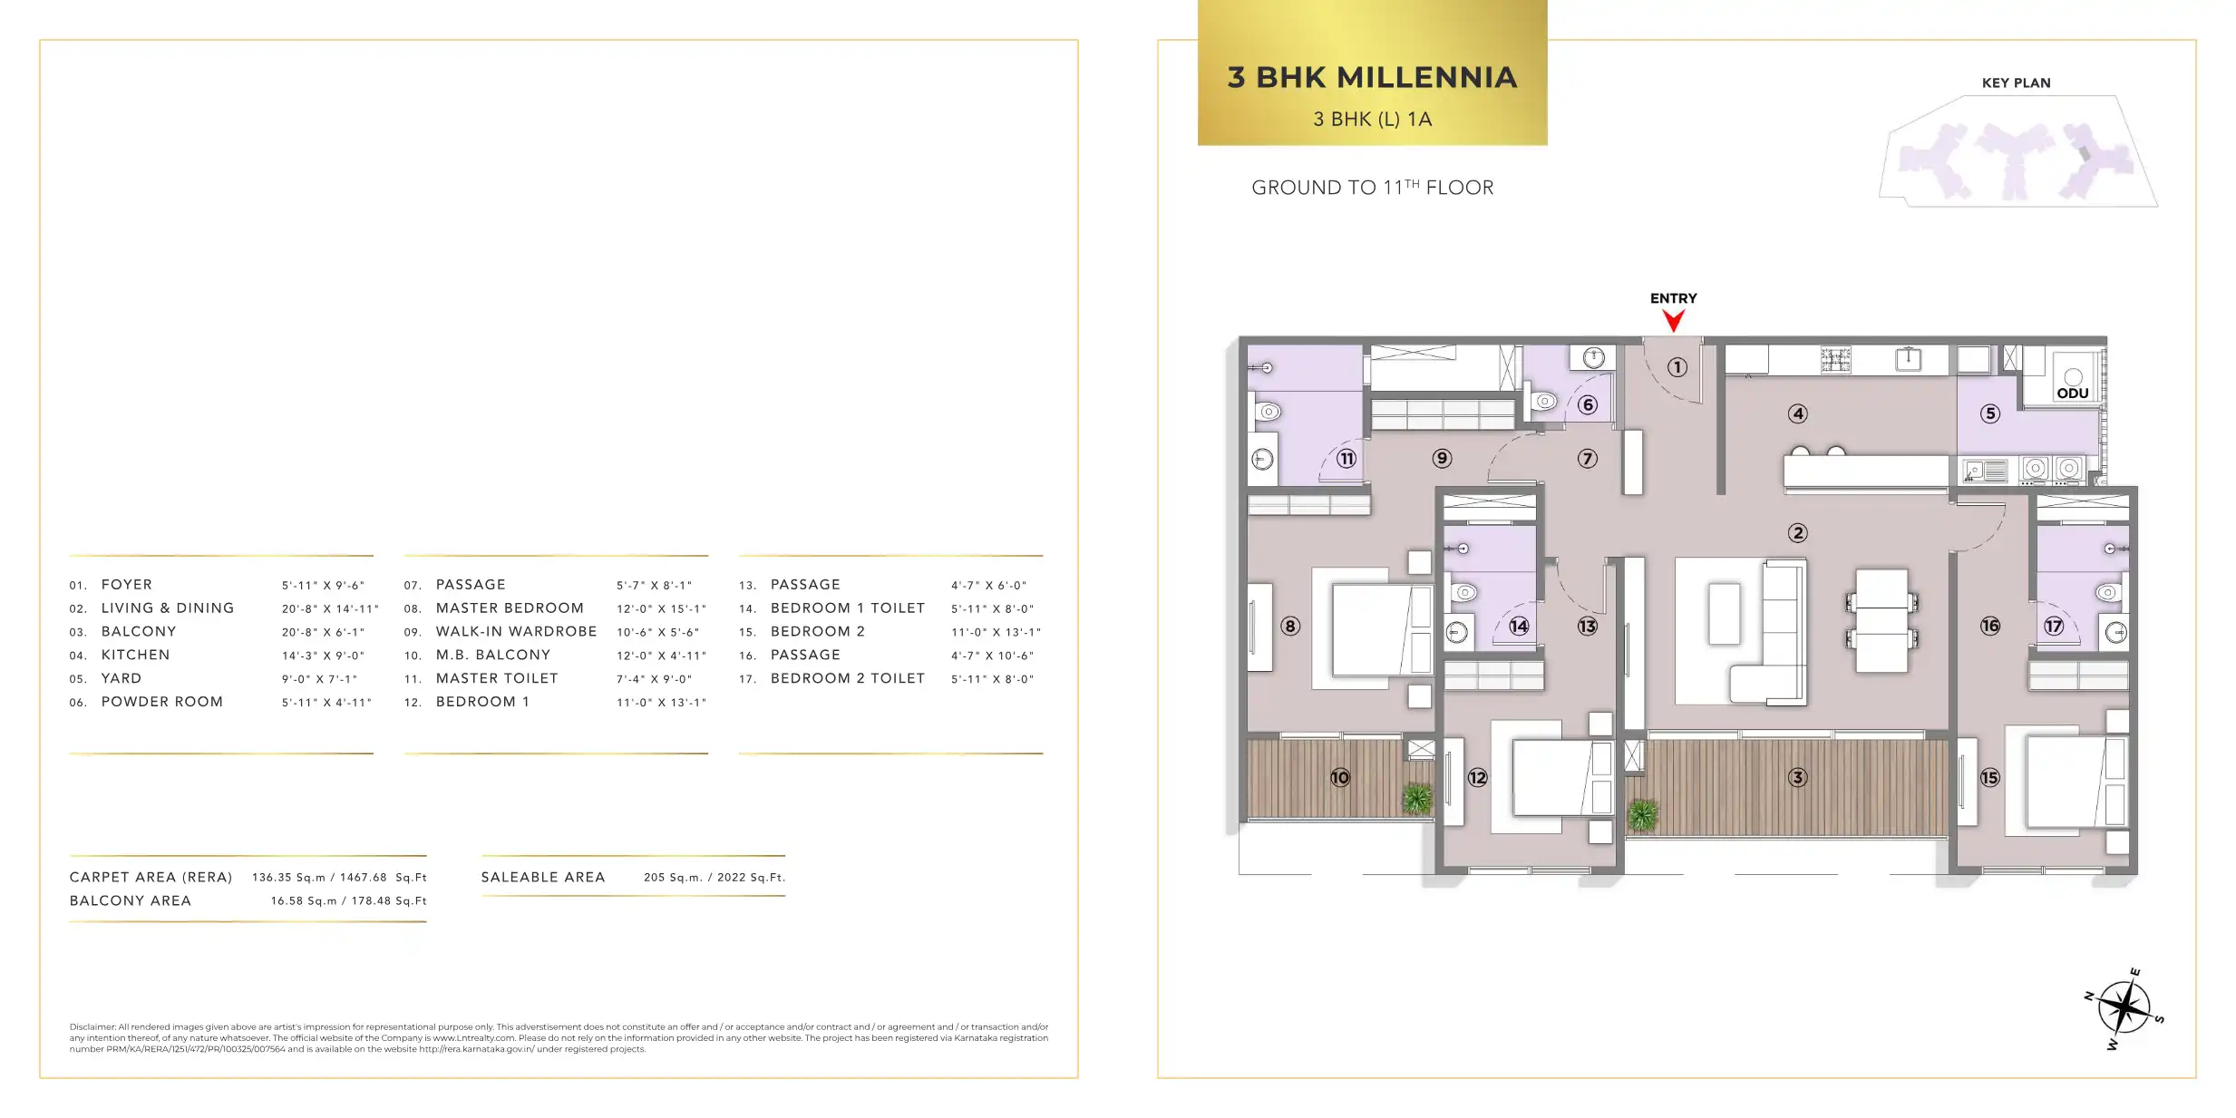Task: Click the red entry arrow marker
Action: [1673, 320]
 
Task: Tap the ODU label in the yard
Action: [2073, 394]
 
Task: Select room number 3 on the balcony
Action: [1797, 777]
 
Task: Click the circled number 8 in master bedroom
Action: [1289, 626]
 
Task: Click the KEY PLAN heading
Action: [2016, 83]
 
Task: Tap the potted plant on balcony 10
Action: [1417, 798]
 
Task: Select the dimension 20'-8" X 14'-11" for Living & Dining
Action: [330, 608]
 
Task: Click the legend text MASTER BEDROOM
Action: [510, 608]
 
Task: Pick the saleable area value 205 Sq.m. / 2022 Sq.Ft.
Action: [715, 878]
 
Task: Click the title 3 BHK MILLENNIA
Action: [1372, 77]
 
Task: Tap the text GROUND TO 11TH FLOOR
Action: [1372, 187]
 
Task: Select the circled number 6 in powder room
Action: [1587, 404]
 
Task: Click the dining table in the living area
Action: [1881, 620]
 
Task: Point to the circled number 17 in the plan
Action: [2053, 626]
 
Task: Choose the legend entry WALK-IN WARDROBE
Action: [516, 632]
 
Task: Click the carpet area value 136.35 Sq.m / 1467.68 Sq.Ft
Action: [339, 878]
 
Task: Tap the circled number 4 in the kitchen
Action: [1797, 413]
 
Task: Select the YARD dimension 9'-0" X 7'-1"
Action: [319, 679]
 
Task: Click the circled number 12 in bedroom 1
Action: [1477, 777]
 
